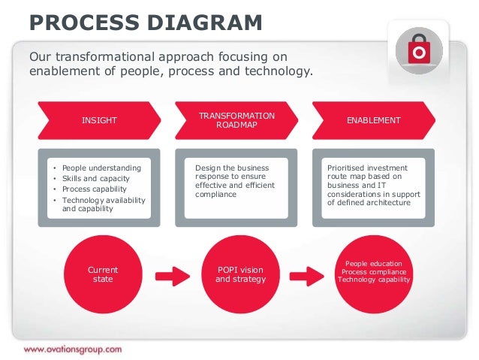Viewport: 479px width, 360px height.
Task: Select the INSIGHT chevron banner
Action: point(99,121)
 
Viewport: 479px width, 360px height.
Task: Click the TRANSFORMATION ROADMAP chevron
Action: point(236,120)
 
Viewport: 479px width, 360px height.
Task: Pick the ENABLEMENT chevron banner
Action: point(373,121)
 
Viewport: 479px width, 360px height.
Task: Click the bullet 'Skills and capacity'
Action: point(95,178)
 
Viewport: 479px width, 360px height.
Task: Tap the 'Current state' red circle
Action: point(103,275)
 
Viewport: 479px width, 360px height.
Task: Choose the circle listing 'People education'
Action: point(374,275)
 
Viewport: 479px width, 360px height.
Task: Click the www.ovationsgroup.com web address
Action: point(72,349)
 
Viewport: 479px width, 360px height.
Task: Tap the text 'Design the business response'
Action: point(231,172)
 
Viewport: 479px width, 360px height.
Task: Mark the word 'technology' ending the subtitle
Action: point(277,72)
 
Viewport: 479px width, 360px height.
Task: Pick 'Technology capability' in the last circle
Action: point(374,280)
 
